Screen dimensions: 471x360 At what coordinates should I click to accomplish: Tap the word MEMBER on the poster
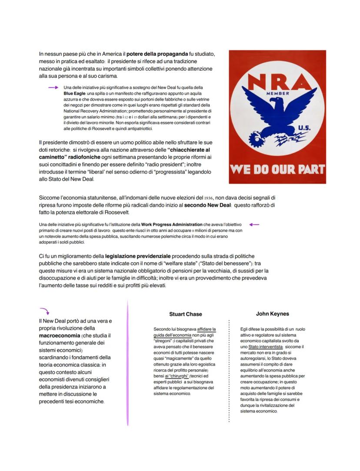pyautogui.click(x=277, y=93)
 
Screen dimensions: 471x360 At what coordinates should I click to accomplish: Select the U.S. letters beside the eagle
pyautogui.click(x=304, y=128)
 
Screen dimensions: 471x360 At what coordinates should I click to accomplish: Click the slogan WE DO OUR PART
pyautogui.click(x=277, y=169)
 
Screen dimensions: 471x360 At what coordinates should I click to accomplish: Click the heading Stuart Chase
pyautogui.click(x=186, y=314)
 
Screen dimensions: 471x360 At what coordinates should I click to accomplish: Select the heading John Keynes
pyautogui.click(x=273, y=314)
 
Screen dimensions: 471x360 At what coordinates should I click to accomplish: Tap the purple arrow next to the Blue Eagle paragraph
pyautogui.click(x=53, y=87)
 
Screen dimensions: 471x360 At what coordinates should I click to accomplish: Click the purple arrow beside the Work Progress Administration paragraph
pyautogui.click(x=254, y=224)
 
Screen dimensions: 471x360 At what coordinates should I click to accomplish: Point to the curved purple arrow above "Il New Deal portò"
pyautogui.click(x=44, y=311)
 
